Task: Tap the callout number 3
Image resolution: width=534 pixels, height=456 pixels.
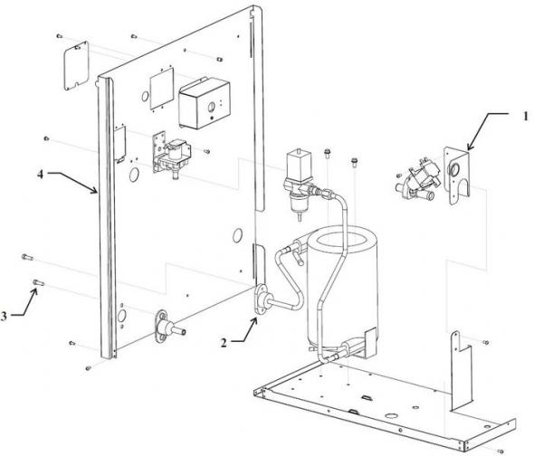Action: [7, 316]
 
